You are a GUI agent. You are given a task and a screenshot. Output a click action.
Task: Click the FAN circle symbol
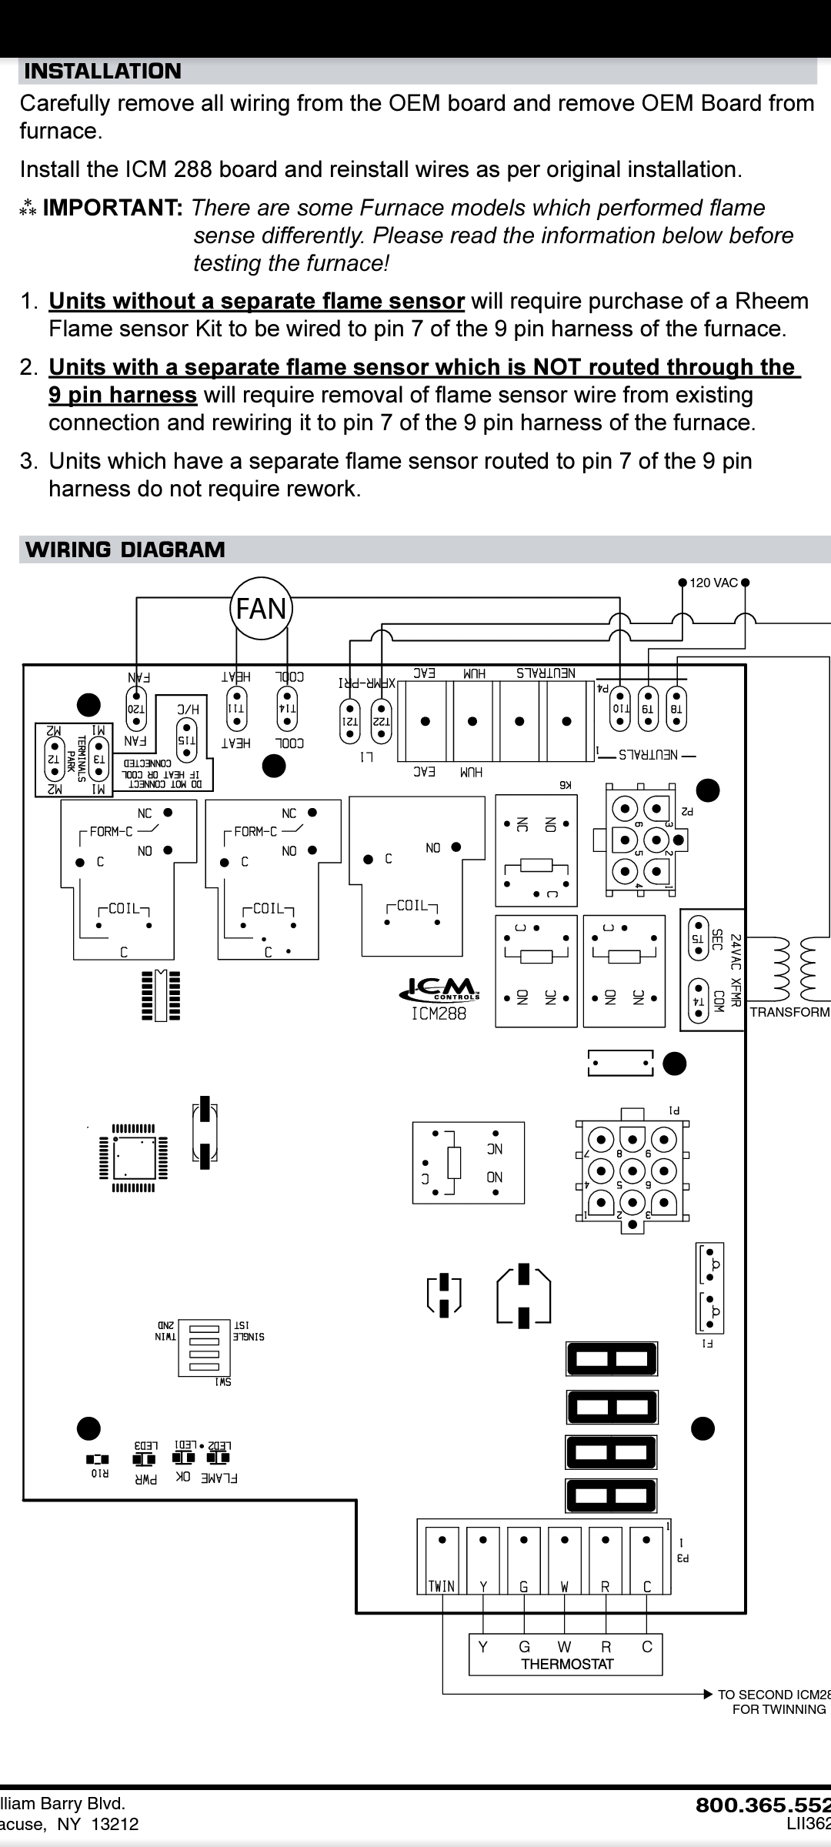click(261, 609)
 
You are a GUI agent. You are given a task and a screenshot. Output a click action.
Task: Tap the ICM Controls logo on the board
click(439, 987)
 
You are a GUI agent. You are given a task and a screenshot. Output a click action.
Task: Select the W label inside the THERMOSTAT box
click(564, 1646)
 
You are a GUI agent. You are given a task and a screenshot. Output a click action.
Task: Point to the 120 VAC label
click(713, 583)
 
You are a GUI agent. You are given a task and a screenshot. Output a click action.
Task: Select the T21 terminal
click(350, 720)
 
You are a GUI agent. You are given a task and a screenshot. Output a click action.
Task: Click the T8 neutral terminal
click(676, 708)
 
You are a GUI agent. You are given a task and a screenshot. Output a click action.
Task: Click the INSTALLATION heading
click(103, 72)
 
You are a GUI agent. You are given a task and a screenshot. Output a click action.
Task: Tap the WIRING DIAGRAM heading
click(125, 549)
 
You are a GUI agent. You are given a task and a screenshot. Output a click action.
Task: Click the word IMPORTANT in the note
click(112, 208)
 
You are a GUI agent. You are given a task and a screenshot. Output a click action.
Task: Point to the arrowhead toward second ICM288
click(708, 1694)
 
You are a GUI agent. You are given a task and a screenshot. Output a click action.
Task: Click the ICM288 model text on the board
click(439, 1014)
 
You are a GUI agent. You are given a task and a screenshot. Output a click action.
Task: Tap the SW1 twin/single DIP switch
click(204, 1348)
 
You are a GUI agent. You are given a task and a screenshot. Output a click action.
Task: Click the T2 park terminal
click(54, 757)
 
